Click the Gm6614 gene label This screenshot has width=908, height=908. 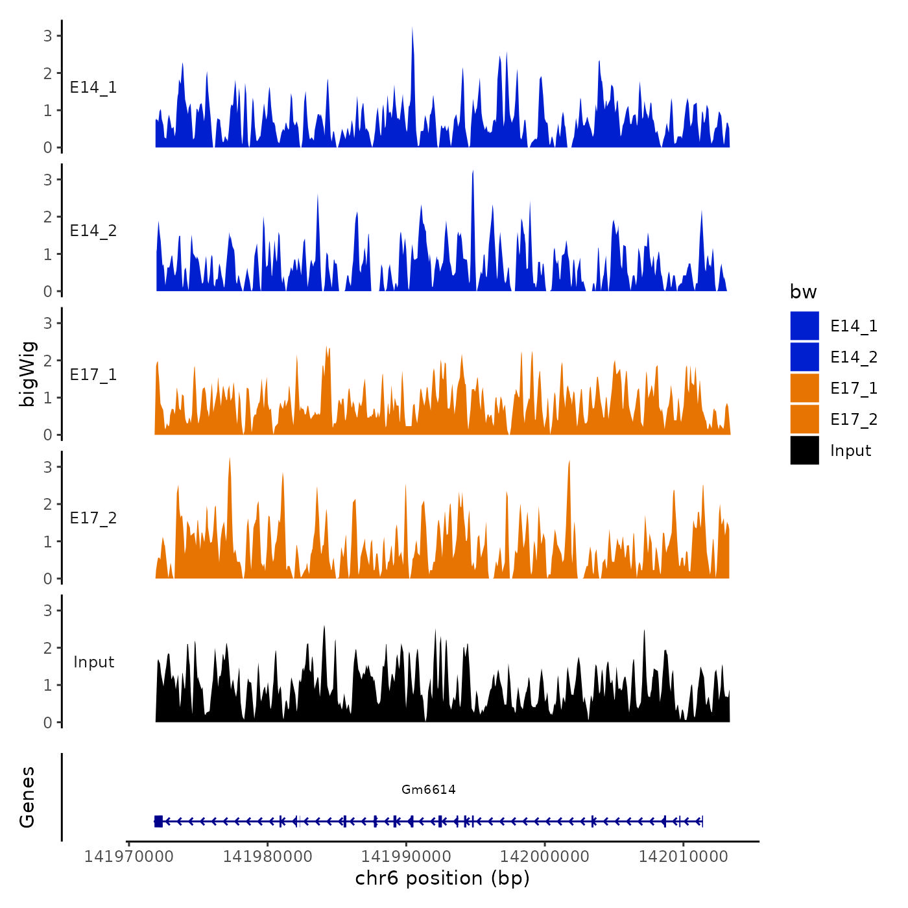point(428,789)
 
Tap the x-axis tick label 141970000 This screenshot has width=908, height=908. point(129,856)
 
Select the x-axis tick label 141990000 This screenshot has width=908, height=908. point(406,856)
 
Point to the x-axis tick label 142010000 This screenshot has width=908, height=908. point(683,856)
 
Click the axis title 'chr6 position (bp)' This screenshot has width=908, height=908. point(442,878)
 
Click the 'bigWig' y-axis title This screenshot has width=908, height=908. point(27,374)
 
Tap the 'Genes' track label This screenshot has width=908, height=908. point(27,797)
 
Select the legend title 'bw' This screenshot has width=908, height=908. point(803,292)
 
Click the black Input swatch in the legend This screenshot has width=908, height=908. point(804,450)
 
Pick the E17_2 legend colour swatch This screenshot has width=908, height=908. point(804,419)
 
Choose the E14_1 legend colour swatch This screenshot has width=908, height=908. point(804,326)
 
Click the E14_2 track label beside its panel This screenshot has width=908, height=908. point(93,231)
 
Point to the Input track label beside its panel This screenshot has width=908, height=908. point(93,662)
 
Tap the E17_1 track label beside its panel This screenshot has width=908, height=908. point(93,375)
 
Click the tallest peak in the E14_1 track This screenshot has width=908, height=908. point(412,30)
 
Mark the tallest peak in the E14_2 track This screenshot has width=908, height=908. point(473,173)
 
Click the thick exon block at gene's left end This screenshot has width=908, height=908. point(158,822)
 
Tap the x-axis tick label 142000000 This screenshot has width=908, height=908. point(545,856)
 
